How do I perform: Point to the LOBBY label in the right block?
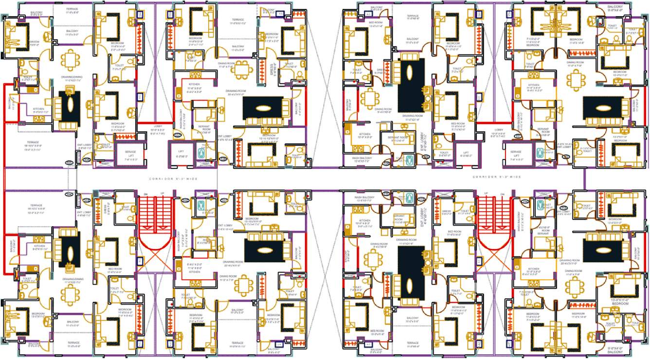click(498, 130)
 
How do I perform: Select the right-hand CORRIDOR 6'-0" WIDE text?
click(496, 177)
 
